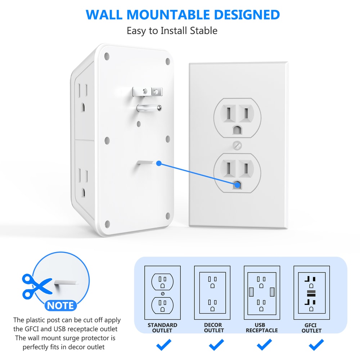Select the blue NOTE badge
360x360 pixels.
(x=60, y=306)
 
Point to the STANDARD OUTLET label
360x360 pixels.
(x=162, y=328)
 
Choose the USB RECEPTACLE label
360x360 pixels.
(x=262, y=328)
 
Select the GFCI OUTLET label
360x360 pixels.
(x=311, y=328)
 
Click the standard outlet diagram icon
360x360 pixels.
(x=162, y=293)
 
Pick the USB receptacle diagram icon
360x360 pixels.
(x=262, y=293)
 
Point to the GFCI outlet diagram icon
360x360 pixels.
(x=311, y=293)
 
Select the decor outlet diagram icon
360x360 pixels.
(x=212, y=293)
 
